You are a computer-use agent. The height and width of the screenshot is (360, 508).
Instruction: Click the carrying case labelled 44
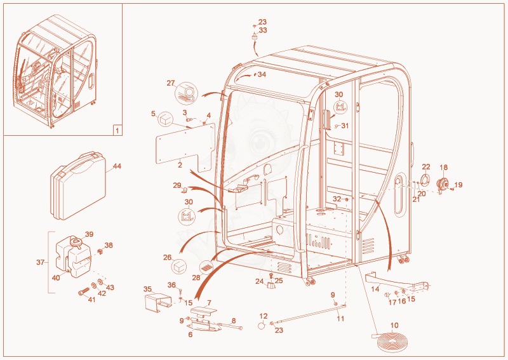click(78, 185)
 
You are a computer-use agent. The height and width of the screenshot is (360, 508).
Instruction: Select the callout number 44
click(117, 166)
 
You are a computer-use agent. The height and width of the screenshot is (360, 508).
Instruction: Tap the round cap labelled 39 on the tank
click(76, 243)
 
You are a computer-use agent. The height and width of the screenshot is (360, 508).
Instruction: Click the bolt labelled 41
click(84, 291)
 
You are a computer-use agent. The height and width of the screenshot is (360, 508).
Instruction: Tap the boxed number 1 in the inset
click(117, 131)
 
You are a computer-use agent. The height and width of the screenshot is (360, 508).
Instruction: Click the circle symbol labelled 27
click(186, 93)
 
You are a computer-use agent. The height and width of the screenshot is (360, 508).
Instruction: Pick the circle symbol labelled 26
click(179, 267)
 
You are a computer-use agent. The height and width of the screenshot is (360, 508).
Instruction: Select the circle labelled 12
click(262, 325)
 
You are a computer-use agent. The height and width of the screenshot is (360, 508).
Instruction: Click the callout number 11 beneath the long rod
click(340, 319)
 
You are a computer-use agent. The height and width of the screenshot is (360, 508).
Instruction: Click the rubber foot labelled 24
click(271, 285)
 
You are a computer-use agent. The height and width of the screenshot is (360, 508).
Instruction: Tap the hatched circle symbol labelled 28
click(206, 268)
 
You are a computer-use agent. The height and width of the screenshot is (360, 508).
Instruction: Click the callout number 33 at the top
click(263, 30)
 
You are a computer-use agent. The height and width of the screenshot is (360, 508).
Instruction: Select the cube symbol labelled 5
click(166, 119)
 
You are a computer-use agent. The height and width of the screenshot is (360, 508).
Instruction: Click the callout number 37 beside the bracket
click(40, 262)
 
